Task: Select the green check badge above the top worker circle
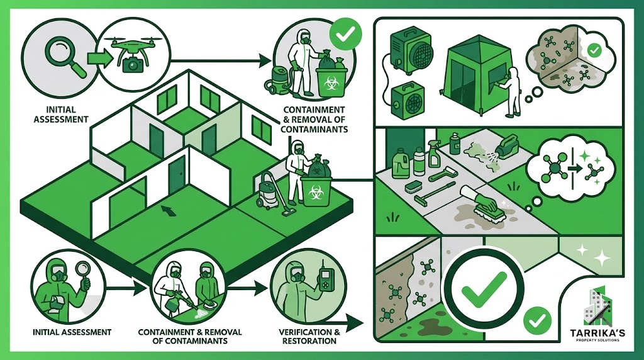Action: click(x=346, y=34)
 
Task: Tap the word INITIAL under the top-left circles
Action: click(x=61, y=110)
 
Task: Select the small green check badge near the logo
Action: click(x=537, y=320)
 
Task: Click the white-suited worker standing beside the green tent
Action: click(x=509, y=92)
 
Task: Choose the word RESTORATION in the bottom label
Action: click(x=309, y=341)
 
